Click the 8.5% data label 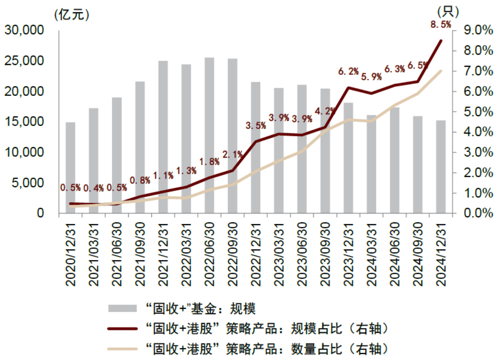[441, 25]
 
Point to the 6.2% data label [348, 71]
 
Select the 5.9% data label [371, 77]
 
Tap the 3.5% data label [256, 126]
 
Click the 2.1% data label [232, 155]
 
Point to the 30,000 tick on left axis [24, 30]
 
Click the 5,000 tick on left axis [28, 183]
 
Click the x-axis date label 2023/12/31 [348, 254]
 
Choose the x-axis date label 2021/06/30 [117, 254]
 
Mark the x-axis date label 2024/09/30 [418, 254]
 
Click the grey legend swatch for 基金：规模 [122, 308]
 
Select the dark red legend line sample [122, 329]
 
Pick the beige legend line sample [122, 349]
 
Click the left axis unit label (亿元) [72, 15]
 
